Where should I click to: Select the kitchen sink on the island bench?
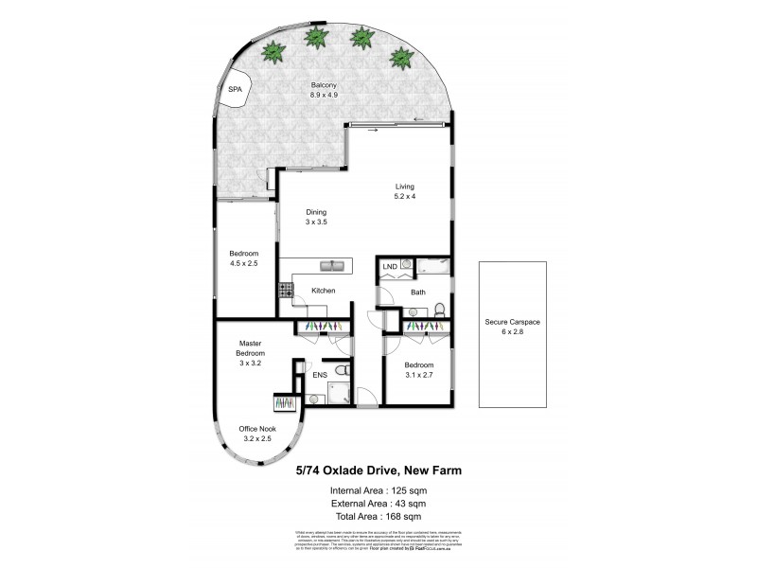coord(332,265)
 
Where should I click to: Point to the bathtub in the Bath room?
coord(431,266)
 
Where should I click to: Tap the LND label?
coord(389,268)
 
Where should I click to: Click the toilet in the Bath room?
coord(441,306)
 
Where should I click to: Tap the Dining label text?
coord(316,212)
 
